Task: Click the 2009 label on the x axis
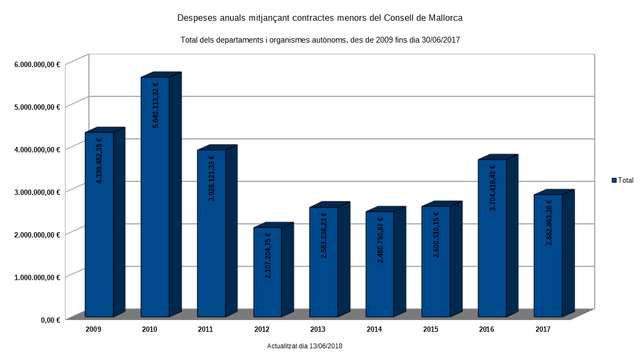pyautogui.click(x=93, y=330)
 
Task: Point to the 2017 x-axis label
pyautogui.click(x=543, y=330)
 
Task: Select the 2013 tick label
pyautogui.click(x=318, y=330)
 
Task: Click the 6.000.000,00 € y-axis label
pyautogui.click(x=37, y=64)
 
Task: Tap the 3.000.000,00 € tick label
pyautogui.click(x=37, y=191)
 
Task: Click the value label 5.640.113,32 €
pyautogui.click(x=155, y=105)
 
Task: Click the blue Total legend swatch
pyautogui.click(x=614, y=181)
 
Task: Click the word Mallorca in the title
pyautogui.click(x=443, y=18)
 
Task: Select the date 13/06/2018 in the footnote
pyautogui.click(x=324, y=346)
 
